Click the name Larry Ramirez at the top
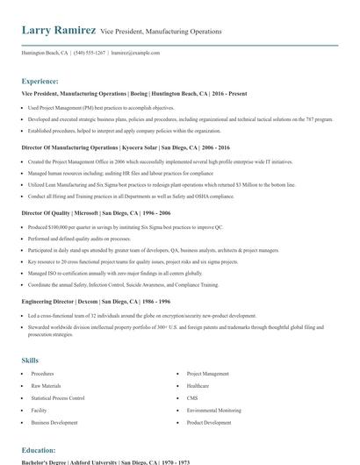coord(59,31)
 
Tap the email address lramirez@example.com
coord(136,53)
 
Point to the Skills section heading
coord(31,361)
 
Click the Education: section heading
coord(40,450)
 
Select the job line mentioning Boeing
coord(132,93)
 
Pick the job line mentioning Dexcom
coord(95,301)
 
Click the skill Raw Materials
coord(47,385)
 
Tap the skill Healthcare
coord(198,385)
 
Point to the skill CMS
coord(192,397)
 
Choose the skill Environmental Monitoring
coord(213,410)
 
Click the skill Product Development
coord(208,422)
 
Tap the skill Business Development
coord(54,422)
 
